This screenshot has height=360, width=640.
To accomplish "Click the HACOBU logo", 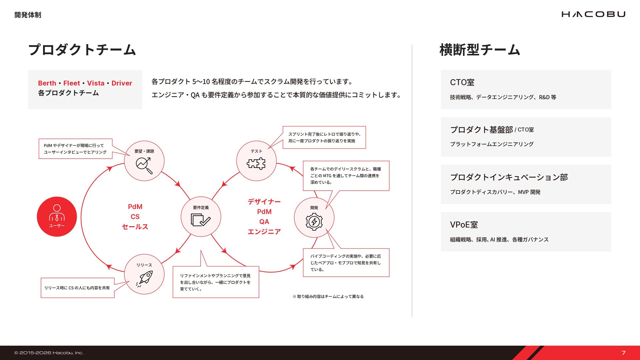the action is point(593,14).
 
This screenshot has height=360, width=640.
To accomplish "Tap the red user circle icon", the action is point(57,217).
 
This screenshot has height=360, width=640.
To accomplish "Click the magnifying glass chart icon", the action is point(144,165).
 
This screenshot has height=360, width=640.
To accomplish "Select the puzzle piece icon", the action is point(256,164).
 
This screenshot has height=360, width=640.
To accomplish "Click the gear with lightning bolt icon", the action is point(314,221).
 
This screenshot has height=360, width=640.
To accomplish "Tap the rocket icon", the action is point(144,278).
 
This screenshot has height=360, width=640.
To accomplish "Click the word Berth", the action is point(47,83).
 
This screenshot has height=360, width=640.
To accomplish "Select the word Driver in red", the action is point(122,83).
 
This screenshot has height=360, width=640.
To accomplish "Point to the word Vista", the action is point(96,83).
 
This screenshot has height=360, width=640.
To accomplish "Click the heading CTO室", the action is point(462,82).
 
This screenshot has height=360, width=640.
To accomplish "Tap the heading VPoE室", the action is point(464,225).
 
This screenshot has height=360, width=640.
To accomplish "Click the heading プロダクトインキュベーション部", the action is point(509,177).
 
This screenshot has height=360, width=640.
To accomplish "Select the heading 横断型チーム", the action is point(480,50).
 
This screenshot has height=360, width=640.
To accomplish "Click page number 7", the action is point(623,353).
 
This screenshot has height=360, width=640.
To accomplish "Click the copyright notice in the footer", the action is point(49,353).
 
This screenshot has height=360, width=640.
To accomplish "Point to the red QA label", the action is point(264,222).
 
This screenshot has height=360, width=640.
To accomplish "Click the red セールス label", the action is point(135,227).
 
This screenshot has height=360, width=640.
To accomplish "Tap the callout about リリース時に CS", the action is point(77,288).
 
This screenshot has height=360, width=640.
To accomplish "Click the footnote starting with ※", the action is point(328,296).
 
